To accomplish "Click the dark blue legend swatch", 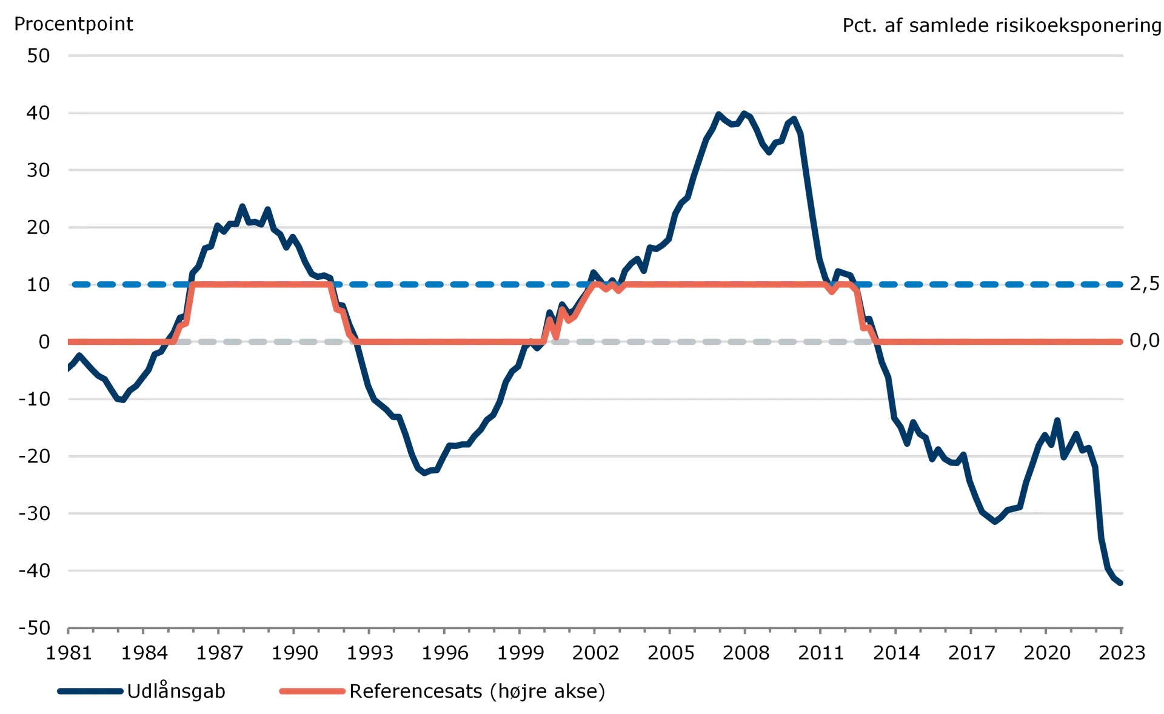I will pyautogui.click(x=90, y=691).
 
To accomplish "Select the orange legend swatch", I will pyautogui.click(x=312, y=691).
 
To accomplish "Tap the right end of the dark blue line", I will pyautogui.click(x=1122, y=586).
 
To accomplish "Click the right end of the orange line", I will pyautogui.click(x=1123, y=342).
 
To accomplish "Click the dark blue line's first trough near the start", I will pyautogui.click(x=120, y=401).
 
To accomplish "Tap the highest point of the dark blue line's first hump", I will pyautogui.click(x=243, y=205).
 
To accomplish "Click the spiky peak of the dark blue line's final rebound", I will pyautogui.click(x=1057, y=419).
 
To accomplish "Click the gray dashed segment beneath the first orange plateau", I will pyautogui.click(x=261, y=342).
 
